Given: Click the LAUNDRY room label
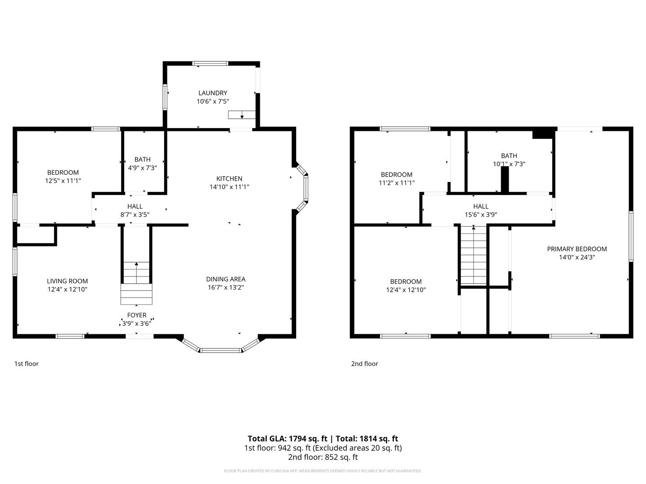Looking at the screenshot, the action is pyautogui.click(x=213, y=93).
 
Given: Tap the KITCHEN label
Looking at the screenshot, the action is pyautogui.click(x=229, y=179).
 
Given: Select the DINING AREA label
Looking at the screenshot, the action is pyautogui.click(x=226, y=279).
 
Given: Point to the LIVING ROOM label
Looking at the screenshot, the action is pyautogui.click(x=67, y=281).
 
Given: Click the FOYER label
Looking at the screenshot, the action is pyautogui.click(x=136, y=315).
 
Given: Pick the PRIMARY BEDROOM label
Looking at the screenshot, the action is pyautogui.click(x=577, y=249).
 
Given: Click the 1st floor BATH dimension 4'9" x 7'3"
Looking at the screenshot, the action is pyautogui.click(x=143, y=168).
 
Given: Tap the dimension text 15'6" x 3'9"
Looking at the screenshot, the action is pyautogui.click(x=481, y=215).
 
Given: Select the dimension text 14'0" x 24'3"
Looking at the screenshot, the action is pyautogui.click(x=577, y=257).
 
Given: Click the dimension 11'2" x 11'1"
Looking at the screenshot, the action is pyautogui.click(x=397, y=183).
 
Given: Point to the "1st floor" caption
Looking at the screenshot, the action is pyautogui.click(x=26, y=364).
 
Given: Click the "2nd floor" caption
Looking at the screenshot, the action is pyautogui.click(x=364, y=364).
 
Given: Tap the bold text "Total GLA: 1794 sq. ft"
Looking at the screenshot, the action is pyautogui.click(x=287, y=439).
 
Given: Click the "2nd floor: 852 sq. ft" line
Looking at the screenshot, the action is pyautogui.click(x=323, y=457).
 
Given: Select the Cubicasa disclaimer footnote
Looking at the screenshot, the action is pyautogui.click(x=323, y=471).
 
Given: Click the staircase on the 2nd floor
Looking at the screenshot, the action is pyautogui.click(x=473, y=255).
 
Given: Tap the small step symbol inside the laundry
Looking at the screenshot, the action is pyautogui.click(x=242, y=115).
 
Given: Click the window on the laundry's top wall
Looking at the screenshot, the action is pyautogui.click(x=210, y=64).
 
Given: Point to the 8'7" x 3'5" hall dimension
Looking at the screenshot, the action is pyautogui.click(x=135, y=215).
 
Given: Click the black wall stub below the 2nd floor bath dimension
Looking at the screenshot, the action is pyautogui.click(x=505, y=180).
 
